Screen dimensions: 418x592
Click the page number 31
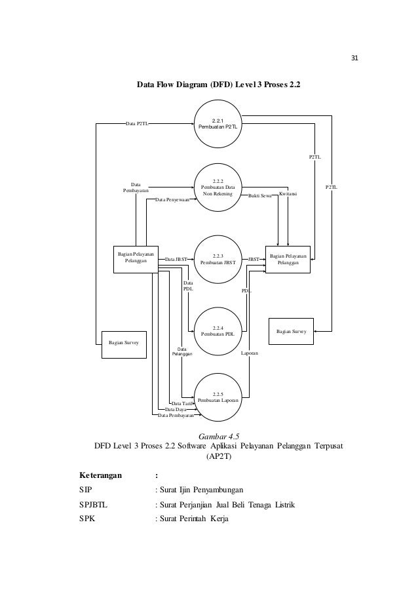point(354,58)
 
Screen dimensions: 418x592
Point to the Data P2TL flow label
point(137,123)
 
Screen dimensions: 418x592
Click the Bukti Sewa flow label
point(260,195)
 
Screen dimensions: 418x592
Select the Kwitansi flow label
point(288,193)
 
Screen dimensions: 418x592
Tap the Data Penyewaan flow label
point(172,199)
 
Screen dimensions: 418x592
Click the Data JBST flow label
point(176,260)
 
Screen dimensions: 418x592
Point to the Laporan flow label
point(250,353)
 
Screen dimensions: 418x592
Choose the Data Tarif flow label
point(182,404)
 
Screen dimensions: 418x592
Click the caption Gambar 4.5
point(219,437)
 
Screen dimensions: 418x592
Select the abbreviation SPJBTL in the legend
point(93,505)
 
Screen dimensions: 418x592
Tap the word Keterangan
point(101,475)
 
